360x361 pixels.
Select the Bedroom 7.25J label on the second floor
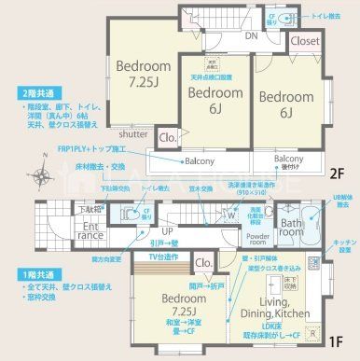[x=143, y=74]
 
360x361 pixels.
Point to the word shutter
[x=132, y=134]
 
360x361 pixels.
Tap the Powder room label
[x=259, y=240]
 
